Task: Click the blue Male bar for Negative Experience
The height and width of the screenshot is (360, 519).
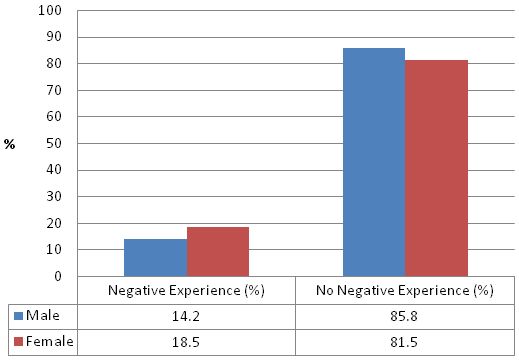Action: click(x=155, y=257)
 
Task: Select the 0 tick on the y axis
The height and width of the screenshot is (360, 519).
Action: click(x=59, y=276)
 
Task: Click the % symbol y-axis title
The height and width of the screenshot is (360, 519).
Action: click(x=10, y=144)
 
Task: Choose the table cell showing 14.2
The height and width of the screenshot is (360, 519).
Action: click(x=187, y=315)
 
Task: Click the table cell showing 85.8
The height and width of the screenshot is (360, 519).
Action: click(x=405, y=315)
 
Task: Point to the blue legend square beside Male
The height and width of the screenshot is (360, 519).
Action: click(x=17, y=315)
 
